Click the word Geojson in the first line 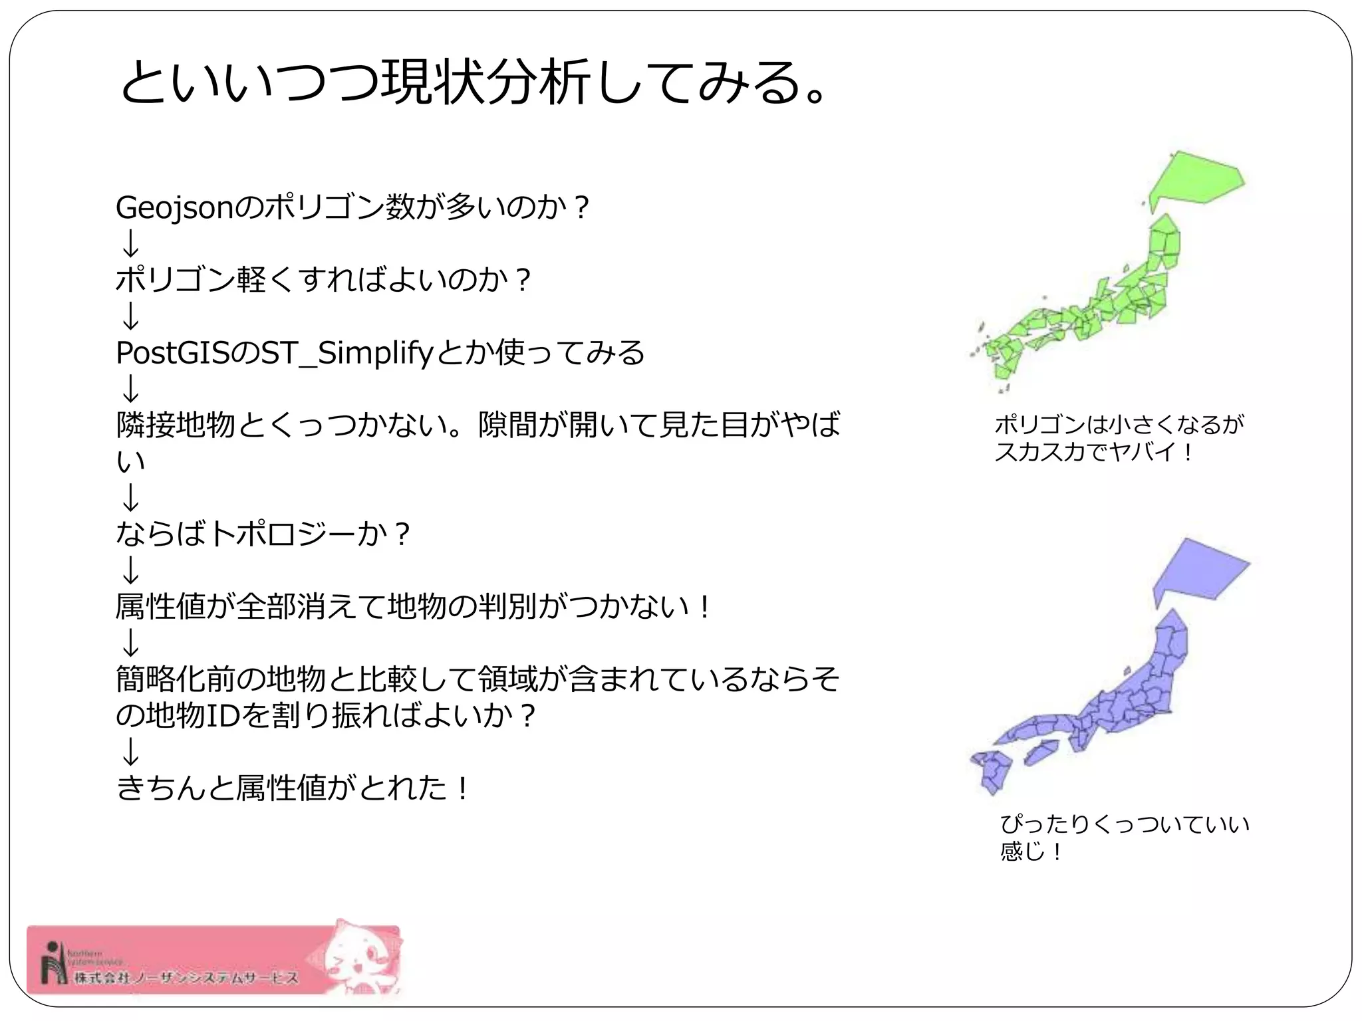[x=175, y=208]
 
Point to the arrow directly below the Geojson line [x=131, y=243]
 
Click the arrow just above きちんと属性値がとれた [x=131, y=752]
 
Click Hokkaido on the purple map [x=1197, y=572]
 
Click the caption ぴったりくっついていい [x=1125, y=824]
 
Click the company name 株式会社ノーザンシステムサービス [x=186, y=978]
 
